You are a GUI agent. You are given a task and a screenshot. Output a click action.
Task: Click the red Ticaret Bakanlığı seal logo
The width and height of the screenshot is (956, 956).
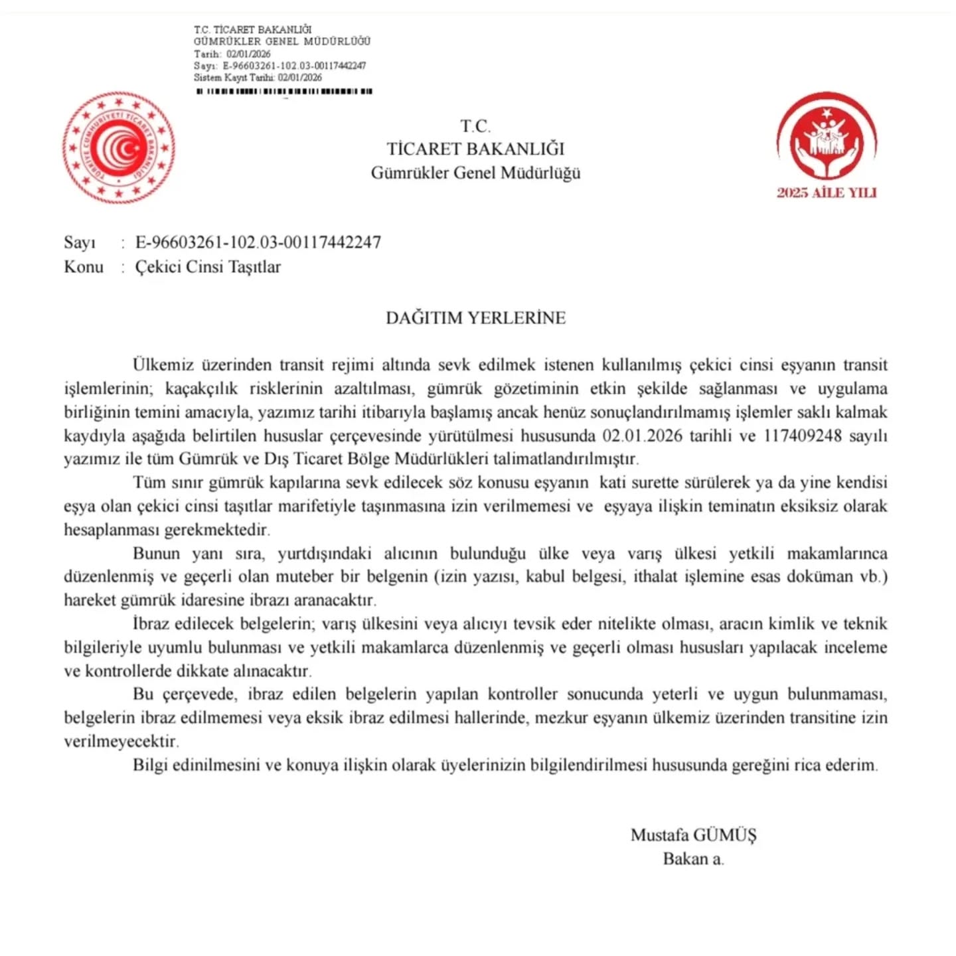click(x=119, y=148)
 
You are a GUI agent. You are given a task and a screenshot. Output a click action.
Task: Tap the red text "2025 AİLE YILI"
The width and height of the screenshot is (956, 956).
click(x=827, y=193)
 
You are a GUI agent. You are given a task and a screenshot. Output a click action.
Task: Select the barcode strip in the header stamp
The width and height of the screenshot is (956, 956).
click(x=284, y=92)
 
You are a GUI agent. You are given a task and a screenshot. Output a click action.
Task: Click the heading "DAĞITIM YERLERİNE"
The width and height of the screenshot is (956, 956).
click(x=475, y=317)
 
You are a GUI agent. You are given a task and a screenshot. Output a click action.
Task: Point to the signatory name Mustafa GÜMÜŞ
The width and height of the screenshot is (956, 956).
click(x=693, y=835)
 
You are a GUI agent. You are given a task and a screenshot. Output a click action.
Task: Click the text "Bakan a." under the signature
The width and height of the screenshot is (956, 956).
click(x=693, y=858)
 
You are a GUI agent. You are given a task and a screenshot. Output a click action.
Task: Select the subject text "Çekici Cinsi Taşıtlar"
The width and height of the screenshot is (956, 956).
click(x=208, y=267)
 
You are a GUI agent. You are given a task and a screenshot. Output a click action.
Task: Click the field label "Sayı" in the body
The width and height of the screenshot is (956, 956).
click(x=80, y=242)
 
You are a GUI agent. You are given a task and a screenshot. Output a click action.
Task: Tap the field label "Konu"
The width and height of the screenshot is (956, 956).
click(x=84, y=267)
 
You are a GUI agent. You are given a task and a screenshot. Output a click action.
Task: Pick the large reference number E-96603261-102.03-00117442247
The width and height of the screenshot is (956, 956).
click(x=258, y=242)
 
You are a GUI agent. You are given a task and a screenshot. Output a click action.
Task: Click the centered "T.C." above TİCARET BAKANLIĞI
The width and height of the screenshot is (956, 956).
click(x=475, y=126)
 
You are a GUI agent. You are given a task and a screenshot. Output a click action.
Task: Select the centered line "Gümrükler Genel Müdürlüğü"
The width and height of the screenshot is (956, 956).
click(x=475, y=173)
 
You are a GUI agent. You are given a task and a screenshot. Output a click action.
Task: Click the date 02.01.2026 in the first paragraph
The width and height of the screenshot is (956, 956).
click(x=642, y=436)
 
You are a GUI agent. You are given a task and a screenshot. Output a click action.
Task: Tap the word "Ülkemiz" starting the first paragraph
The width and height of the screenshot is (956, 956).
click(x=164, y=364)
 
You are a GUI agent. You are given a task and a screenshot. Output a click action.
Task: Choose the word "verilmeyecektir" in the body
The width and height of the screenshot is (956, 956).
click(x=121, y=741)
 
